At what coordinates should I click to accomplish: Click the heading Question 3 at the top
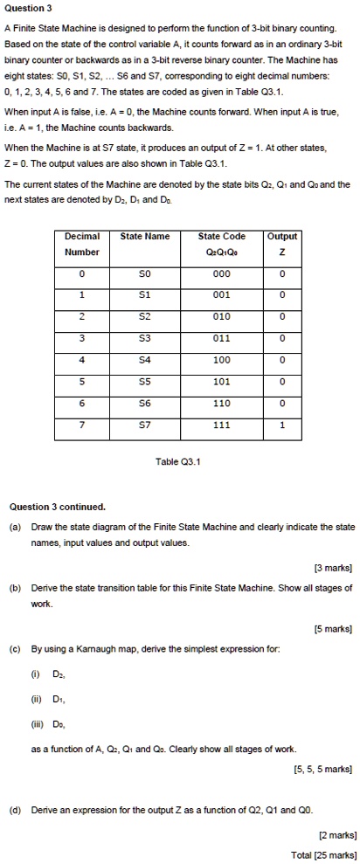point(29,8)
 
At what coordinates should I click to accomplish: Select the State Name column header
point(144,236)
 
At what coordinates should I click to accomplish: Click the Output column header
point(281,244)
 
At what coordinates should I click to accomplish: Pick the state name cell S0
point(144,273)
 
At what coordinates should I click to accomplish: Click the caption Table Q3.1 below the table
point(180,463)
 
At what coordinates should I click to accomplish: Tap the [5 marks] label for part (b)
point(332,627)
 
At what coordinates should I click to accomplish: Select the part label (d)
point(15,812)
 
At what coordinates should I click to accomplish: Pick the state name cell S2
point(144,315)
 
